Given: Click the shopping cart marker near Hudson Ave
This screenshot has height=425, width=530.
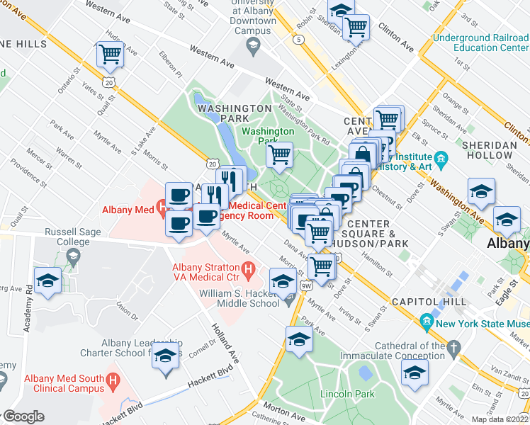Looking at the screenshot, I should click(x=111, y=54).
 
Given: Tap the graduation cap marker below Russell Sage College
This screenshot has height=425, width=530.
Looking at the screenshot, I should click(x=48, y=280).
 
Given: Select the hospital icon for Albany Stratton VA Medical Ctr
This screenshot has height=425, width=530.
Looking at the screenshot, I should click(x=248, y=270).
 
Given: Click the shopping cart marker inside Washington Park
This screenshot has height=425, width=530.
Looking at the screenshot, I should click(x=280, y=154).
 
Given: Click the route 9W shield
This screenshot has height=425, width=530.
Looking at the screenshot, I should click(x=306, y=286).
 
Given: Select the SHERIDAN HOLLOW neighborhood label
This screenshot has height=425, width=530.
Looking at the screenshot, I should click(x=489, y=149).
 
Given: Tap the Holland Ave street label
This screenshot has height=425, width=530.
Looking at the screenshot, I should click(x=225, y=341).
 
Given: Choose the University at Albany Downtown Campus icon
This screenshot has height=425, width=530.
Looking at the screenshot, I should click(x=252, y=45).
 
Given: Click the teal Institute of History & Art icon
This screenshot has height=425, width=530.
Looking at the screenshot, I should click(x=441, y=157).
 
